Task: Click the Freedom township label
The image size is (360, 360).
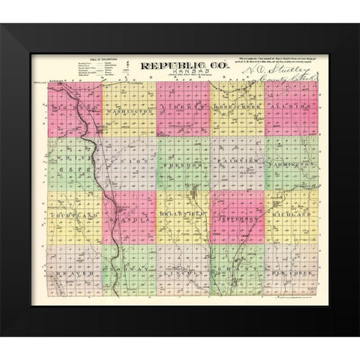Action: pos(182,163)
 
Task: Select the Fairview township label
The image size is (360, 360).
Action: pos(237,163)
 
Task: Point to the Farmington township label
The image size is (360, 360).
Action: pos(289,163)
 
